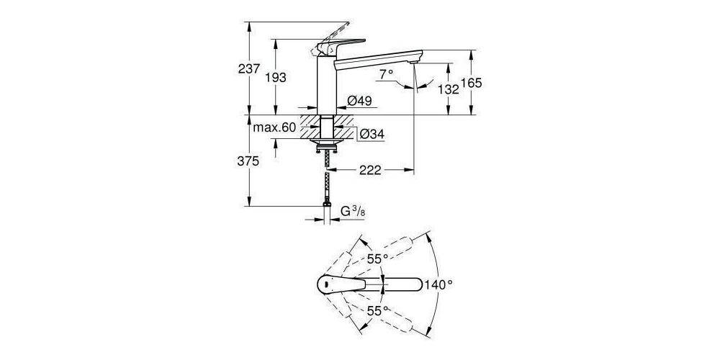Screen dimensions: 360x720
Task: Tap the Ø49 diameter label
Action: (x=359, y=102)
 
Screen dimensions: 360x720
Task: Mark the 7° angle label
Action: (x=387, y=74)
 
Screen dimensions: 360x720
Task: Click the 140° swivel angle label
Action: (x=439, y=284)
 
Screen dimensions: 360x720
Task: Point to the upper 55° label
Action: (x=377, y=257)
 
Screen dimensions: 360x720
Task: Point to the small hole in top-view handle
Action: (x=328, y=285)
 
